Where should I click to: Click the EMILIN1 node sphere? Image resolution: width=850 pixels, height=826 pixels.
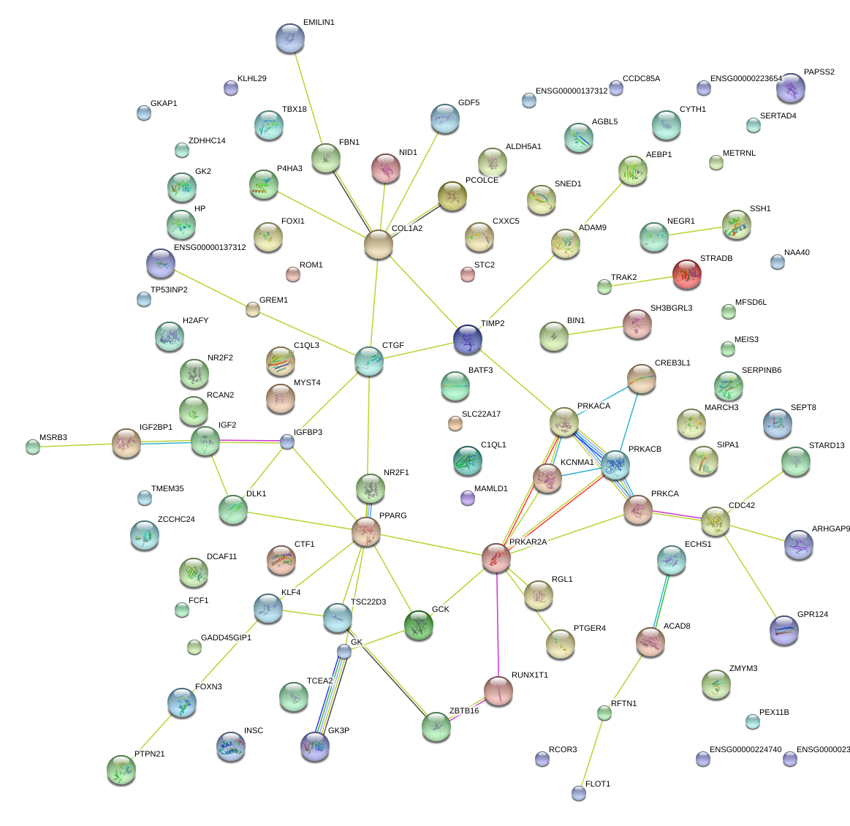(x=290, y=39)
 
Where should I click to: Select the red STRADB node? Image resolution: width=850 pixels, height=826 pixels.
(x=686, y=274)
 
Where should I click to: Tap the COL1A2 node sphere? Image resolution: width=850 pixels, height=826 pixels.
(x=379, y=245)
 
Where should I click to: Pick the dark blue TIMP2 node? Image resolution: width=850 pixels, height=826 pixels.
(x=468, y=339)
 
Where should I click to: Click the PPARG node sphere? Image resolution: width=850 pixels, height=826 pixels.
(x=365, y=532)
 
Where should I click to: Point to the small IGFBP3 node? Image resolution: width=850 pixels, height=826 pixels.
(x=287, y=442)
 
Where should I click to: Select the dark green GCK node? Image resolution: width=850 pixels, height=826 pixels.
(x=419, y=626)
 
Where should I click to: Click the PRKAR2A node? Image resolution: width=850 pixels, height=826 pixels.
(x=496, y=558)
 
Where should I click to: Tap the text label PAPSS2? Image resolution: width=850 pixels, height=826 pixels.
(x=819, y=72)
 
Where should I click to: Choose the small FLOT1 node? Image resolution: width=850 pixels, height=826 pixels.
(x=579, y=792)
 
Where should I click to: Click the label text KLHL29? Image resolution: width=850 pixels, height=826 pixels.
(x=251, y=79)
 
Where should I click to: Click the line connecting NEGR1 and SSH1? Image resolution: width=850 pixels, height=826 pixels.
(x=694, y=231)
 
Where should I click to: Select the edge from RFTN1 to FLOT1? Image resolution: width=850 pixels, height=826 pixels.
(x=591, y=752)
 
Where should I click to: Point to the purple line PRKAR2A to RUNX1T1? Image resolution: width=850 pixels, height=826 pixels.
(x=498, y=621)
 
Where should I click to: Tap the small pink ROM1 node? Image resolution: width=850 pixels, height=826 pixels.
(x=292, y=275)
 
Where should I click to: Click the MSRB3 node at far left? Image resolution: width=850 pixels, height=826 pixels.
(x=32, y=447)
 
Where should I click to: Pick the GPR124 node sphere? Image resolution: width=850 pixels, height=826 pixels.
(x=783, y=630)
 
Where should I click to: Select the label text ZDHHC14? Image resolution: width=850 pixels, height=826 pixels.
(x=207, y=141)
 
